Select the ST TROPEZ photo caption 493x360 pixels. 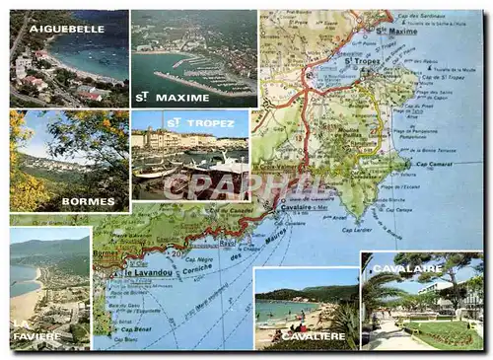(187, 122)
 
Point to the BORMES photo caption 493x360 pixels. (88, 201)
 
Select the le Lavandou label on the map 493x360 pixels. (148, 272)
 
